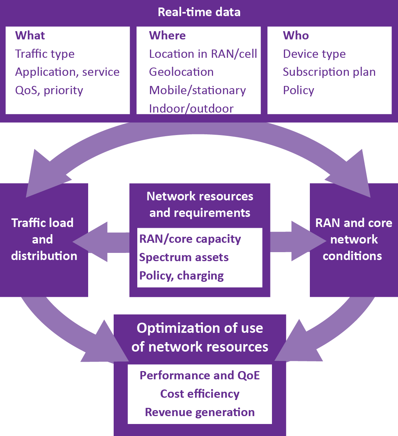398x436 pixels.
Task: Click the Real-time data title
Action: coord(199,12)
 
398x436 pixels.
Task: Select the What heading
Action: coord(30,36)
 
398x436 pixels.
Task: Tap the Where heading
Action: coord(167,36)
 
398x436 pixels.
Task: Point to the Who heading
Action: coord(296,36)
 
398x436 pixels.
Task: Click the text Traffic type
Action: coord(45,54)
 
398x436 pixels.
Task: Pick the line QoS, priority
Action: coord(49,90)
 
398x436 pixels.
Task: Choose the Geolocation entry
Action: coord(181,72)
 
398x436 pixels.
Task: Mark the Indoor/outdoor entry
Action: coord(191,108)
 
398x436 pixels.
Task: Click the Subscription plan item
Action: coord(329,72)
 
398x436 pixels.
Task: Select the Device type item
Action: coord(314,54)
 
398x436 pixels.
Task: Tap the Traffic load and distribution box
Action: coord(44,239)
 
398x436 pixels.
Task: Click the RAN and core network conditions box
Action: coord(354,239)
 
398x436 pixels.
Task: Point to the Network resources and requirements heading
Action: coord(200,204)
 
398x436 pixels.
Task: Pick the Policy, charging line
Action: coord(182,276)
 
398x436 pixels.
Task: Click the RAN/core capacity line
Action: coord(190,239)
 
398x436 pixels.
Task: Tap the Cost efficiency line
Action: coord(200,394)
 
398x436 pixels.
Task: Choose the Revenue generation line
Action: coord(200,412)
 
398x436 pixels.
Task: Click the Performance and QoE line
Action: coord(200,376)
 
